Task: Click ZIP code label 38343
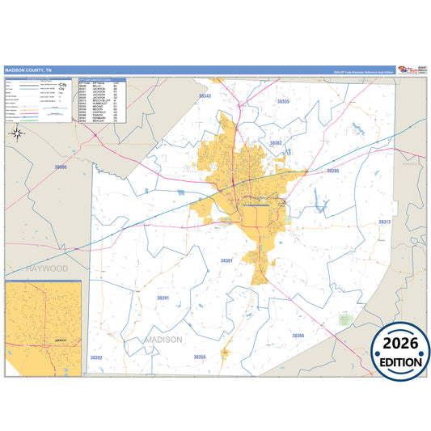coord(205,96)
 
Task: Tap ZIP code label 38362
coord(277,143)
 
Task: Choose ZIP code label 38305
coord(332,171)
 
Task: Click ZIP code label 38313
coord(384,221)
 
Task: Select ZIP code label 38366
coord(298,335)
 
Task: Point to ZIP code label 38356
coord(200,356)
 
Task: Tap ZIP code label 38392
coord(96,357)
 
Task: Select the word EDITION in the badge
coord(400,363)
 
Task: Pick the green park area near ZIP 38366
coord(345,319)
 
